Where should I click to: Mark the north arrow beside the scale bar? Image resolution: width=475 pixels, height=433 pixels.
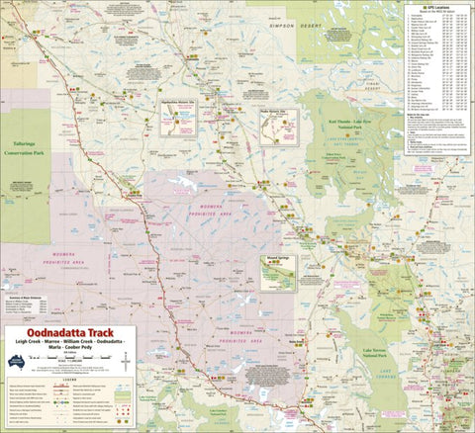[x=126, y=362]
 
